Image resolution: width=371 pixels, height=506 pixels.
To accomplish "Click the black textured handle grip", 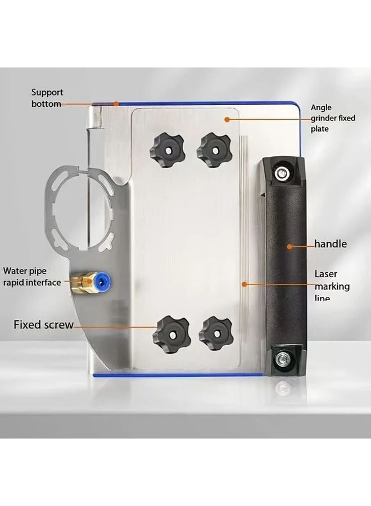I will [284, 264].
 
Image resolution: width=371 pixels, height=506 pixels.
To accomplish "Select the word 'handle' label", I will [331, 245].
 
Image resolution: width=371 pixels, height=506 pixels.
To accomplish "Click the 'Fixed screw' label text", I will [43, 324].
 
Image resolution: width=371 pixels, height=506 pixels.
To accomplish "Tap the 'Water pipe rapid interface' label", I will [31, 277].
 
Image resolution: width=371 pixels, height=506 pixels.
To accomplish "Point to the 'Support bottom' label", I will [47, 98].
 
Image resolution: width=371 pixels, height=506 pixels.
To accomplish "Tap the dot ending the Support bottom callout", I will [115, 103].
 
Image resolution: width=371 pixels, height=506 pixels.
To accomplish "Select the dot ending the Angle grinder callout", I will [227, 119].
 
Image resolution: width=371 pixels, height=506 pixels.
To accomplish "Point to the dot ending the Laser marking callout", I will [244, 284].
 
